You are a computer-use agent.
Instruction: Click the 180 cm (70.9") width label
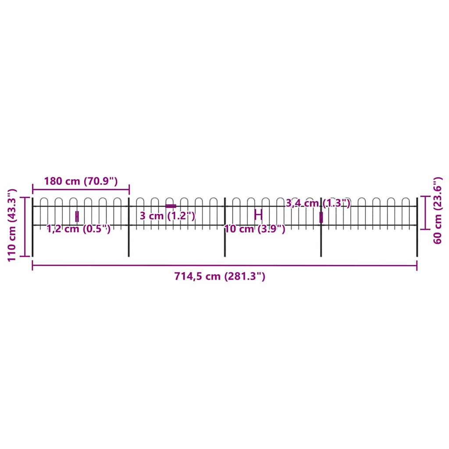tap(81, 181)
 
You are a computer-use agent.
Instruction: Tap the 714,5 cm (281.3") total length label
tap(220, 276)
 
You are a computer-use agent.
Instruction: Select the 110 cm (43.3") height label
tap(12, 225)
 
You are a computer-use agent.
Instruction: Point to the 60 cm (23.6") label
tap(437, 210)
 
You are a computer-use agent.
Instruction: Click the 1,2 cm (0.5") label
tap(79, 228)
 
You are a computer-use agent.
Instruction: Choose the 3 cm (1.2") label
tap(167, 216)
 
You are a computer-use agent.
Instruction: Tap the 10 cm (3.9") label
tap(255, 228)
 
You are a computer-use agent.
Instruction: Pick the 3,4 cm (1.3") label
tap(318, 203)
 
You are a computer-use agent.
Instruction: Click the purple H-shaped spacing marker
tap(258, 215)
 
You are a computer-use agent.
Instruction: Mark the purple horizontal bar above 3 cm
tap(171, 206)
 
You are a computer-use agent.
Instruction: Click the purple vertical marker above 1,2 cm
tap(77, 216)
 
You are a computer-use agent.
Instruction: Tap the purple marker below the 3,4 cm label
tap(321, 217)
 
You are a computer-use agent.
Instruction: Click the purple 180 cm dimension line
tap(81, 189)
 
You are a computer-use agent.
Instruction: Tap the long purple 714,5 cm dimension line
tap(224, 265)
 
